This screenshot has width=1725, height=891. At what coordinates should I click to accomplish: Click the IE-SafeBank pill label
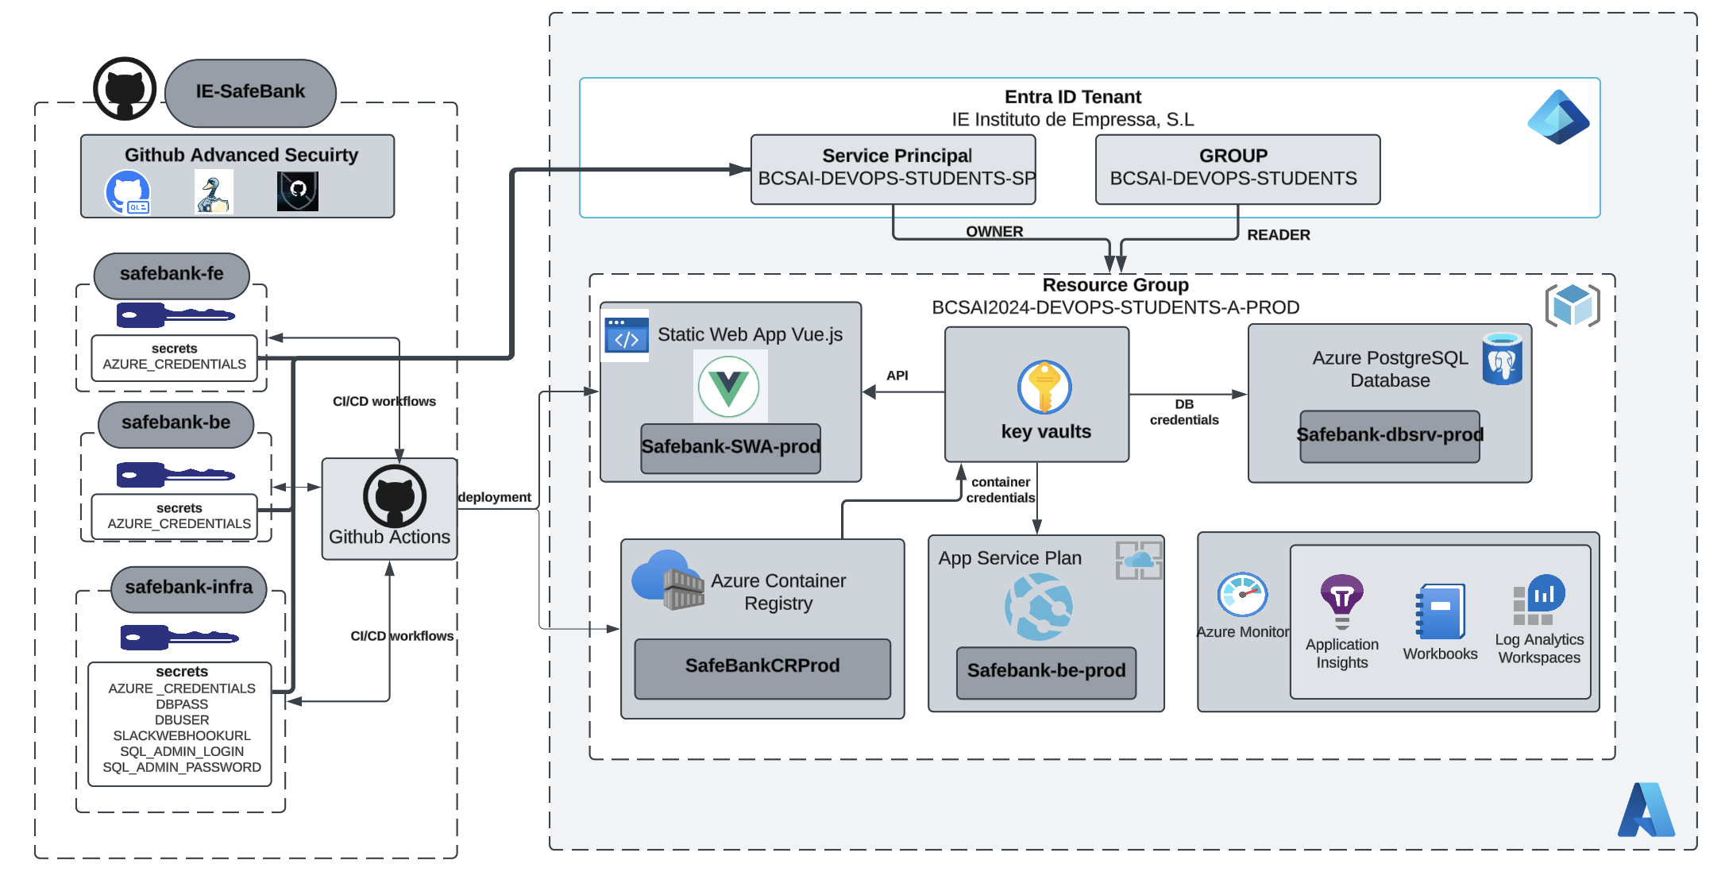click(250, 92)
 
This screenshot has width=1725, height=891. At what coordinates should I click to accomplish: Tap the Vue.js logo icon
click(729, 387)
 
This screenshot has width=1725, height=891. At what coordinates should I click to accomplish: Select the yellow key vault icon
click(1044, 388)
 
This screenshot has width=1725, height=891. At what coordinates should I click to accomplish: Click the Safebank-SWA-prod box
click(731, 448)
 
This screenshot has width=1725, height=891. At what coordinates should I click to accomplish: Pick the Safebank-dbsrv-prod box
click(1389, 435)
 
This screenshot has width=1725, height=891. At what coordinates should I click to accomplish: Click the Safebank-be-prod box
click(1046, 672)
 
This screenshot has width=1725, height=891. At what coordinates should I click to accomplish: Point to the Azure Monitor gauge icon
click(1242, 595)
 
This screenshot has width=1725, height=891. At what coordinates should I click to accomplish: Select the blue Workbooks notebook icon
click(1440, 611)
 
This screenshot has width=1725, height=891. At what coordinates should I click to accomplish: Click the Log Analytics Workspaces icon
click(1538, 600)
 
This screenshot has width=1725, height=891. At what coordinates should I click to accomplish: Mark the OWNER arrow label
click(994, 232)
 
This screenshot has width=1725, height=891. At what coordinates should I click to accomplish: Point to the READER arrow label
click(1279, 235)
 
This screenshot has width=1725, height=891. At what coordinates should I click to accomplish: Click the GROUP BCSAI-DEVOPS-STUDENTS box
click(1237, 168)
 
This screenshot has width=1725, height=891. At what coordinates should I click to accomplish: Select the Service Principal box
click(893, 168)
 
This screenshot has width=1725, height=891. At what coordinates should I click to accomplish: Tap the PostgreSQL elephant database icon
click(1502, 359)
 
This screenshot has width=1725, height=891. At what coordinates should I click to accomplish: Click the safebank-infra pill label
click(189, 588)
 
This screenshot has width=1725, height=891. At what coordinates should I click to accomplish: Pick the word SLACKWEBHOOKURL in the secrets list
click(182, 736)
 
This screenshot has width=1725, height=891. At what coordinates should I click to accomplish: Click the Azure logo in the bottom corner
click(1646, 810)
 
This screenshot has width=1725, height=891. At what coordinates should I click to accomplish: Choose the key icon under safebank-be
click(175, 475)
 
